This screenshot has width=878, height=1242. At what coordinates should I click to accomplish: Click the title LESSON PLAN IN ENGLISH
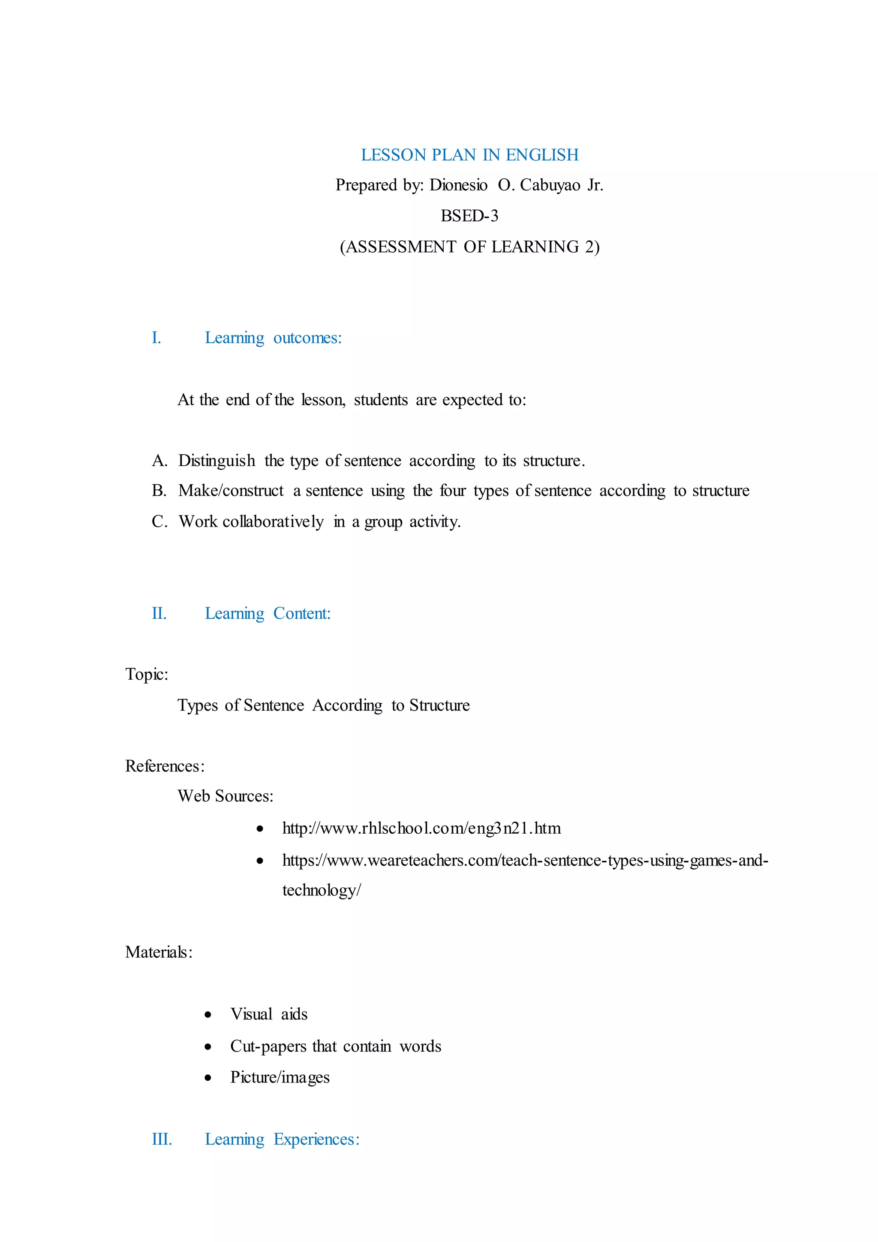(x=469, y=155)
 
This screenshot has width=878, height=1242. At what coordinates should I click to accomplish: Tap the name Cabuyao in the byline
(x=550, y=186)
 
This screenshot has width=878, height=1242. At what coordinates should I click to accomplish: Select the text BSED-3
(x=469, y=216)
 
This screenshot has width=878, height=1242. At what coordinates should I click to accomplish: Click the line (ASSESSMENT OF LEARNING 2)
(x=469, y=247)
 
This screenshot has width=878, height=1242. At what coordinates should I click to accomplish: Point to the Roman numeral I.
(x=156, y=338)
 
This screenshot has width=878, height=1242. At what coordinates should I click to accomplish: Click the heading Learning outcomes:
(x=273, y=338)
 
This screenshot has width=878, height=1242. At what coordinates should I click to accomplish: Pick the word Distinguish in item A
(x=216, y=461)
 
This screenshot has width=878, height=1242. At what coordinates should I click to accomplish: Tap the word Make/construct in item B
(x=231, y=491)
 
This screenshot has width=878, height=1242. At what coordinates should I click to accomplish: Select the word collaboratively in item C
(x=273, y=522)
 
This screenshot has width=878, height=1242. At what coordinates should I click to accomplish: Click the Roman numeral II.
(x=159, y=613)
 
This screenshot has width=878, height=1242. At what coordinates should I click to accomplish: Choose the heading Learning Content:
(x=268, y=613)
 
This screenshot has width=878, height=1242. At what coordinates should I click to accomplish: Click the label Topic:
(x=147, y=675)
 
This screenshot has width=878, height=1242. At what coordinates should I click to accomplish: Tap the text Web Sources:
(x=226, y=796)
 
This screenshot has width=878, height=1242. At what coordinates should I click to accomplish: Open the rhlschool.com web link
(x=421, y=828)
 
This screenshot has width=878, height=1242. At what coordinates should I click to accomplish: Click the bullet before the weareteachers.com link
(x=260, y=861)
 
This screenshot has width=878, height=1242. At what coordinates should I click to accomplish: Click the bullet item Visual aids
(x=269, y=1014)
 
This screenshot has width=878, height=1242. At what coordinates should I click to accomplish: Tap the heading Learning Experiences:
(x=282, y=1139)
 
